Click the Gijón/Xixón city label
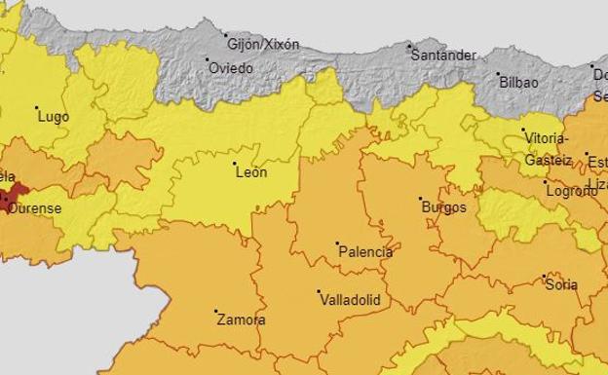point(263,44)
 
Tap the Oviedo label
point(232,68)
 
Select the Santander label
point(444,56)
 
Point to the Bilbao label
point(518,83)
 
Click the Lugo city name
point(54,116)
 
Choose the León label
point(251,172)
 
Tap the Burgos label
point(443,207)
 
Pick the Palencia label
point(365,251)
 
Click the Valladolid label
point(350,300)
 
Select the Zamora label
point(241,319)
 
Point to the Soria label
point(562,285)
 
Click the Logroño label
point(572,191)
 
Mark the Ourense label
point(35,208)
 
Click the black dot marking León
point(234,162)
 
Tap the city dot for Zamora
point(215,312)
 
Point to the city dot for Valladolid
point(319,290)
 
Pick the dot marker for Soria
point(544,277)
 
